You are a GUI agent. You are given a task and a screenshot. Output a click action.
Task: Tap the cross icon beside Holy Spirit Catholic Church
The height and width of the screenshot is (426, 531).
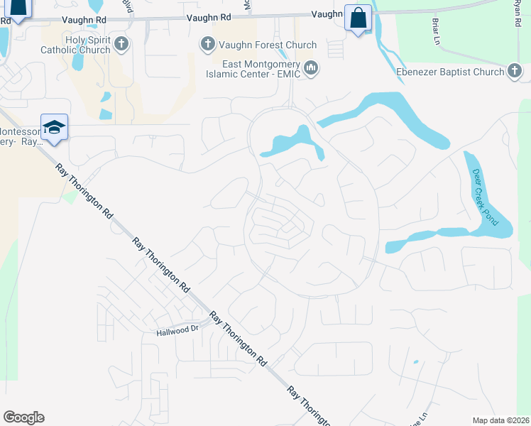click(121, 45)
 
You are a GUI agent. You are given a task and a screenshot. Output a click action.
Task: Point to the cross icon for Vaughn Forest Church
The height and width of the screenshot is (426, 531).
click(208, 45)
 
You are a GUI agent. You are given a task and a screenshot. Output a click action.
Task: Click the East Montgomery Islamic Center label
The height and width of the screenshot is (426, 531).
click(252, 67)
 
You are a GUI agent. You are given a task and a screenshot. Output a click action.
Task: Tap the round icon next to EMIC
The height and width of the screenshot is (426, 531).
click(311, 68)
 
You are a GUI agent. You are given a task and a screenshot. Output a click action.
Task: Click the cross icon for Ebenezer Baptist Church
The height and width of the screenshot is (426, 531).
click(515, 71)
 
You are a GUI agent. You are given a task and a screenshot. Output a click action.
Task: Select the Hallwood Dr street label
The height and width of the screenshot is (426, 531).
click(175, 331)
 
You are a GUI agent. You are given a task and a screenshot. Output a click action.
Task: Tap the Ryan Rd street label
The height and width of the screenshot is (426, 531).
click(518, 13)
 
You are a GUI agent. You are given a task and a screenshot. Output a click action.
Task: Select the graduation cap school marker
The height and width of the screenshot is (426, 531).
click(54, 128)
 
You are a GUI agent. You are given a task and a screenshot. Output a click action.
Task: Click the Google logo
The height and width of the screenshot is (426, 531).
click(23, 417)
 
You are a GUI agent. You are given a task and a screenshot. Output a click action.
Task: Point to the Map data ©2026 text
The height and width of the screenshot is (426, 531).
click(500, 420)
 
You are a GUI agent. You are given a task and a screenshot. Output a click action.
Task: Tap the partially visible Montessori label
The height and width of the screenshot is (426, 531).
click(20, 136)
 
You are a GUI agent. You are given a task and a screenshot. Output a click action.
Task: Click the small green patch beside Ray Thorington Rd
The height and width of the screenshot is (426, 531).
click(69, 196)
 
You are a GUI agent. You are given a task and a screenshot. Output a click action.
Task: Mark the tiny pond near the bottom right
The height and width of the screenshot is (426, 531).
click(415, 361)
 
